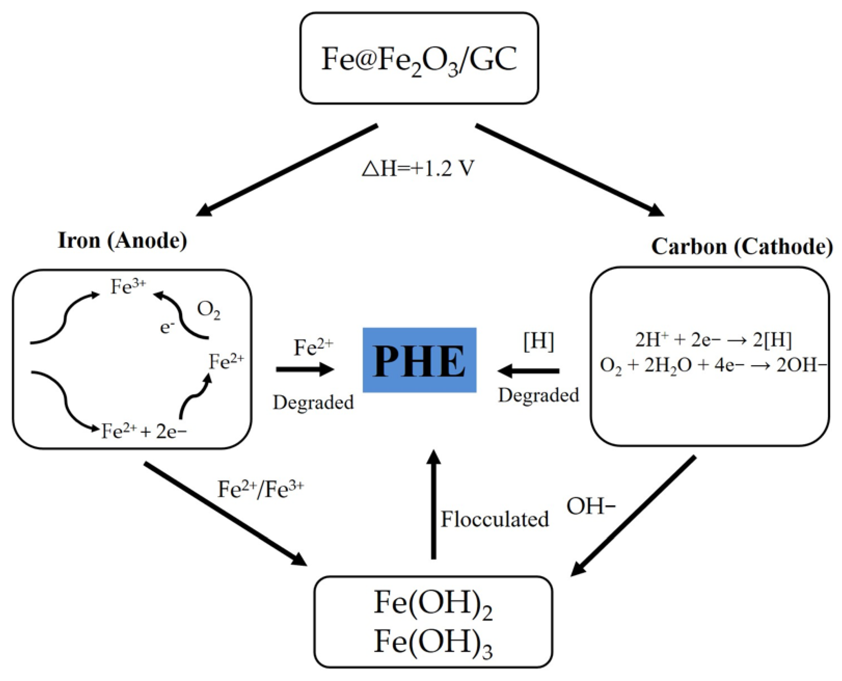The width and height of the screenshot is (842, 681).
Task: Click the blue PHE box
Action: coord(419,360)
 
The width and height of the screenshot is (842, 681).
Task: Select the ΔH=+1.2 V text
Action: coord(418,169)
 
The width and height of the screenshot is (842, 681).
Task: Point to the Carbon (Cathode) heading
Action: coord(742,247)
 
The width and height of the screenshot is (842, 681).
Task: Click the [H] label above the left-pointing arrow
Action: coord(539,342)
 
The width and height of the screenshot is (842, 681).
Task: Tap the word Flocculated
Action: coord(495,519)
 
